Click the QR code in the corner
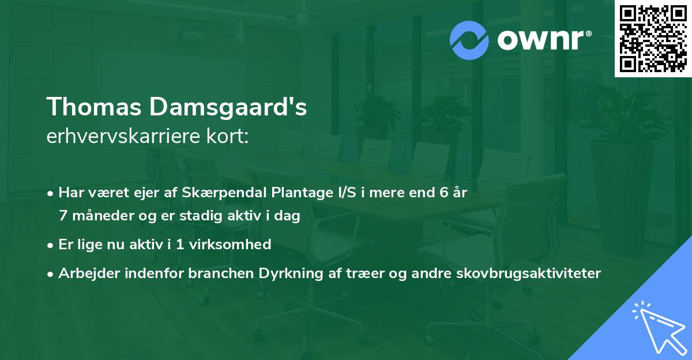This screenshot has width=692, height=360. (x=653, y=38)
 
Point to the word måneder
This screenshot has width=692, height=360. (x=100, y=215)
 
